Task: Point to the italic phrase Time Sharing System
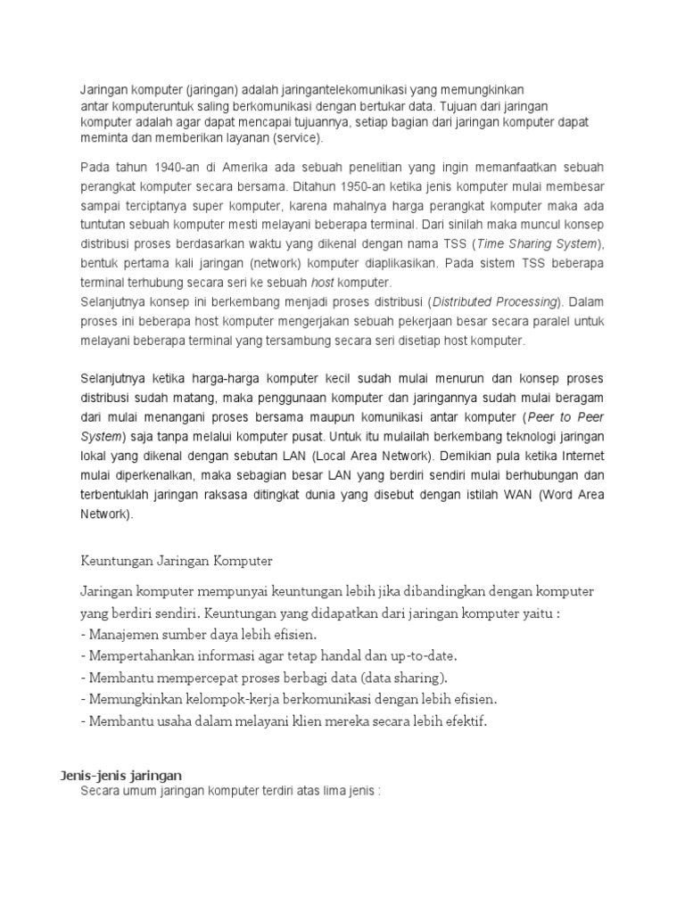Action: pyautogui.click(x=527, y=244)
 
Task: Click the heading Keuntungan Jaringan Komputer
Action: pyautogui.click(x=176, y=561)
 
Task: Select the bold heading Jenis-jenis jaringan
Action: pyautogui.click(x=121, y=776)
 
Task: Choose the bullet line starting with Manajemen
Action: pyautogui.click(x=198, y=635)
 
